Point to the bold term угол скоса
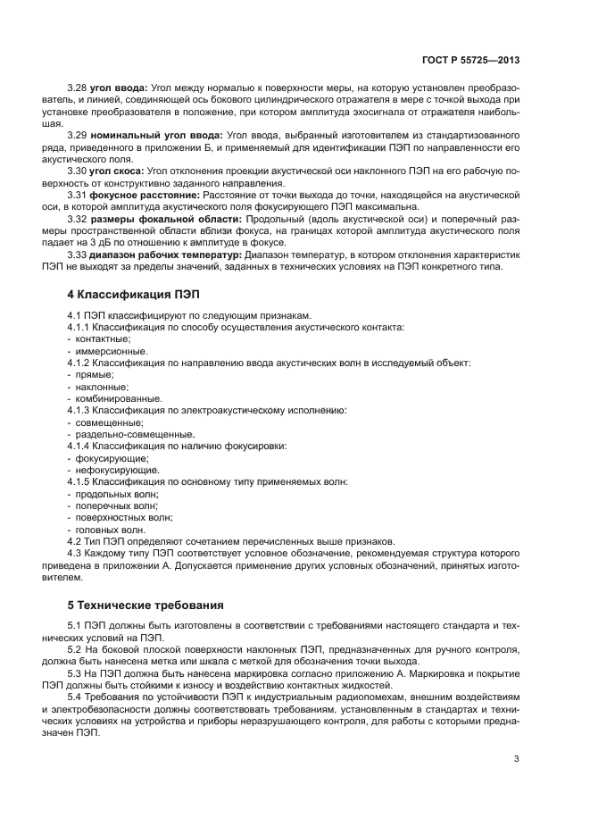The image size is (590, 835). (118, 170)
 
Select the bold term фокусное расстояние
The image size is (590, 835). (145, 193)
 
